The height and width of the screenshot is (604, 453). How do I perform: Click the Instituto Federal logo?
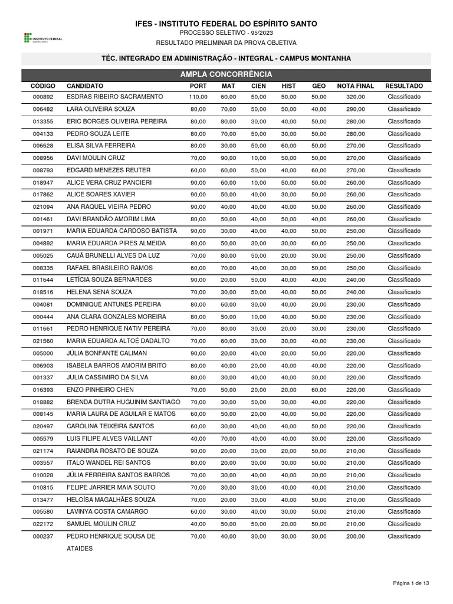click(43, 38)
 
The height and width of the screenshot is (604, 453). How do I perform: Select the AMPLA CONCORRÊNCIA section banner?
click(226, 74)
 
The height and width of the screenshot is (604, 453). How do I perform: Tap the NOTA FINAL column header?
click(355, 86)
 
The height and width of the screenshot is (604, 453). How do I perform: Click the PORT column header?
click(198, 86)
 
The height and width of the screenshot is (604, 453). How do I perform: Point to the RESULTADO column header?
click(404, 86)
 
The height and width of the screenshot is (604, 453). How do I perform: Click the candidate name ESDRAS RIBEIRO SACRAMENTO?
click(114, 97)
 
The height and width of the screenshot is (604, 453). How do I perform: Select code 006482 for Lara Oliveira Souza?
click(43, 109)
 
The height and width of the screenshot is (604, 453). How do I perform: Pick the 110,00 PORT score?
click(198, 97)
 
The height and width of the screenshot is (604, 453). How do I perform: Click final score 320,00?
click(355, 97)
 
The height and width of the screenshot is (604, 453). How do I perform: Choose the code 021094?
click(43, 207)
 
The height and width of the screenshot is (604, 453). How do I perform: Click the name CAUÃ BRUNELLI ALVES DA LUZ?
click(113, 255)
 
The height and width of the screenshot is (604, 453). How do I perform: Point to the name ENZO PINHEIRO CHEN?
click(100, 390)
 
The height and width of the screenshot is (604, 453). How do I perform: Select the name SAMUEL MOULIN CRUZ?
click(101, 524)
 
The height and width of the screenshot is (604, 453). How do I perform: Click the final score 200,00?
click(355, 536)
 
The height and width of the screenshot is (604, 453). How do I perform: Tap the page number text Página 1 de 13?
click(411, 583)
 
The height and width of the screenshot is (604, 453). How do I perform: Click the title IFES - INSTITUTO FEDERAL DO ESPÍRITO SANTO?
click(226, 24)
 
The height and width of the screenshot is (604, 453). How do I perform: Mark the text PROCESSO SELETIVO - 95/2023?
click(226, 33)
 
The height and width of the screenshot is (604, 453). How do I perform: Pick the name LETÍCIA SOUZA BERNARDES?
click(109, 280)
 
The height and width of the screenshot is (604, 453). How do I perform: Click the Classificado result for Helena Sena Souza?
click(404, 292)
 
